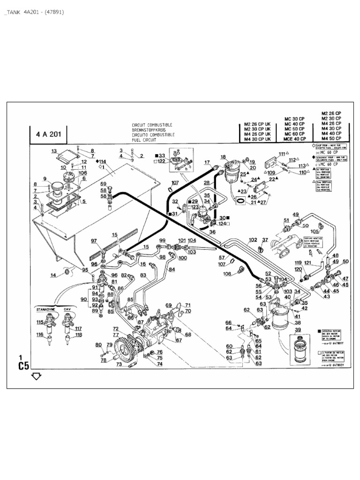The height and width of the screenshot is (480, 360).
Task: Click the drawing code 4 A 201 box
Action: click(48, 134)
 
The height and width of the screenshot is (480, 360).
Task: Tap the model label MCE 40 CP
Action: click(295, 139)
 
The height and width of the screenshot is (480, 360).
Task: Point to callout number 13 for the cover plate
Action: click(53, 151)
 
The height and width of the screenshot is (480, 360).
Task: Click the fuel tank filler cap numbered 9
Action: click(59, 186)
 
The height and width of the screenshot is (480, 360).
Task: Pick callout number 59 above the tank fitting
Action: click(103, 184)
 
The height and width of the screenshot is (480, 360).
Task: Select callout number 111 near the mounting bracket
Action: click(282, 154)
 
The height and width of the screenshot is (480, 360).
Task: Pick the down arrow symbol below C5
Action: click(37, 376)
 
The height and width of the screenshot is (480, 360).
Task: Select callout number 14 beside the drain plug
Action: click(53, 275)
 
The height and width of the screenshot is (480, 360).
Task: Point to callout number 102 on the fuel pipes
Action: click(253, 240)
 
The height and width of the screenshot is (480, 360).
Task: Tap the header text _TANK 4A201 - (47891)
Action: click(33, 12)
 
